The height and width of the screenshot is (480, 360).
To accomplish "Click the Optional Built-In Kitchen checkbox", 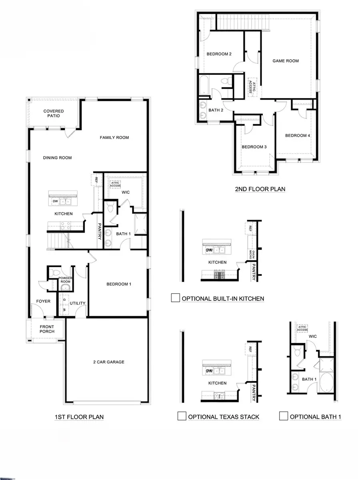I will [x=175, y=298].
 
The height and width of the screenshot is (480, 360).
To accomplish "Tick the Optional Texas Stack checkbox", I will [x=181, y=416].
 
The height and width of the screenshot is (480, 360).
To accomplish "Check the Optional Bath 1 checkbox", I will [x=284, y=416].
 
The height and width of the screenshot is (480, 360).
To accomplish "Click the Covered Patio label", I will [x=54, y=113].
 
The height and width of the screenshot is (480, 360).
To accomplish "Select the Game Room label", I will [x=286, y=61].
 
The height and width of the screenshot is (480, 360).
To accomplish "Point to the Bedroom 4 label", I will [x=297, y=135].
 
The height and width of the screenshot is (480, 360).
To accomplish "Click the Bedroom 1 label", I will [x=119, y=284].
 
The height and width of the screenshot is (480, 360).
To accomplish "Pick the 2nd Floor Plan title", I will [x=260, y=189].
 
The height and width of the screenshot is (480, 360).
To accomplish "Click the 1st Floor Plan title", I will [x=79, y=417].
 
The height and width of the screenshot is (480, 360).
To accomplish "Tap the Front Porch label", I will [x=46, y=329].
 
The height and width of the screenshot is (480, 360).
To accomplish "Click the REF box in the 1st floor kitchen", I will [x=96, y=180].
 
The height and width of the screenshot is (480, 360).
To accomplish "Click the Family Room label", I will [x=114, y=138].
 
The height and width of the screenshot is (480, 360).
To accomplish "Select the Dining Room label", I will [x=57, y=158].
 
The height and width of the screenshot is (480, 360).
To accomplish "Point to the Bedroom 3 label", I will [x=254, y=147].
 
